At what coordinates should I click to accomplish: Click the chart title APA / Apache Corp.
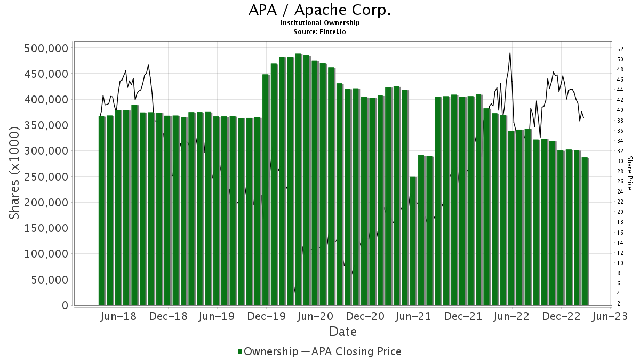320,10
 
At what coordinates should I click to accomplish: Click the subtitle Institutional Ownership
320,23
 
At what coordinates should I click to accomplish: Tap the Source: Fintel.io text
320,32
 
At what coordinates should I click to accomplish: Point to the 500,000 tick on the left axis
46,49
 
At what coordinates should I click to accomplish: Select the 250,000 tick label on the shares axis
46,177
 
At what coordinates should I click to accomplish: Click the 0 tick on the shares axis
65,306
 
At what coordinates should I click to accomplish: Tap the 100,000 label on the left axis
46,254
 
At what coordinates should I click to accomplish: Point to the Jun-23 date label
610,316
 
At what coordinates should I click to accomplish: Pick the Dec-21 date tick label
462,316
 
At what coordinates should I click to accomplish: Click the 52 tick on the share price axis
620,49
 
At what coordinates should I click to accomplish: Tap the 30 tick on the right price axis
620,161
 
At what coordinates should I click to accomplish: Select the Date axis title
343,332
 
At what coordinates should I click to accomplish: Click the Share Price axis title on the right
629,173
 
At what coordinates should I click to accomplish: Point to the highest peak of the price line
510,53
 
